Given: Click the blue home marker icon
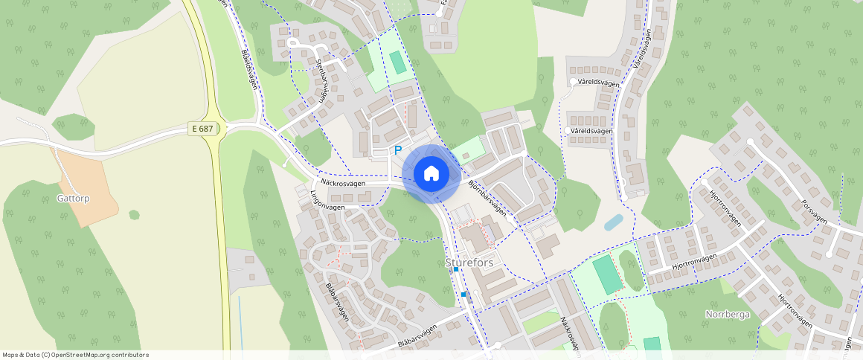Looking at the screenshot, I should (x=431, y=173).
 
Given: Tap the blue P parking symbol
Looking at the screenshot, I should (x=397, y=150).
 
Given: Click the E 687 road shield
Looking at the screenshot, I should (x=202, y=129).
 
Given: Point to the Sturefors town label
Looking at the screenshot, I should (x=469, y=263).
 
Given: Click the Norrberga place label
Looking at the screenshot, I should (x=727, y=314).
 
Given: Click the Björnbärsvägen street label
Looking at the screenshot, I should (x=488, y=197).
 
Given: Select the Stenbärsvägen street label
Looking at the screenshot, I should (x=321, y=80).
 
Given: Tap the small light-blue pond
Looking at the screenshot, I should (x=614, y=222).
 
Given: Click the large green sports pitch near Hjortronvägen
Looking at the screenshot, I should (x=608, y=275).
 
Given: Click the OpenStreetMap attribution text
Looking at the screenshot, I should (x=75, y=355).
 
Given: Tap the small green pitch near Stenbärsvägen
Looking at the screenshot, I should (x=399, y=62).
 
